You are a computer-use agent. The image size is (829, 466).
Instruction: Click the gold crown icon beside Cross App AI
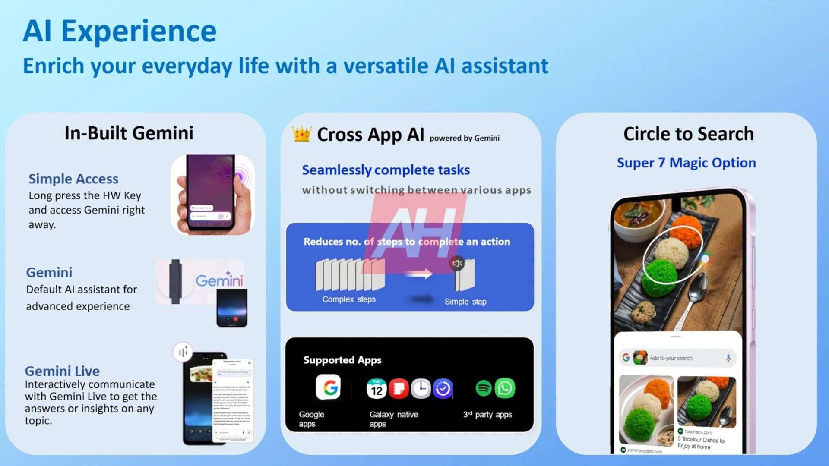(x=301, y=134)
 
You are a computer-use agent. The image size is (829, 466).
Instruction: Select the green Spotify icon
(x=483, y=388)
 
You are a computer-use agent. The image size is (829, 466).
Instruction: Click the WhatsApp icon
(x=505, y=388)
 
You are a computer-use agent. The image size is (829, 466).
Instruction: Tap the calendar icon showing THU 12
(x=377, y=388)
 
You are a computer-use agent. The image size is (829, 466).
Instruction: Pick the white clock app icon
(x=421, y=388)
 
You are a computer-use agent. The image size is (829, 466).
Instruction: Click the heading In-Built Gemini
(x=129, y=133)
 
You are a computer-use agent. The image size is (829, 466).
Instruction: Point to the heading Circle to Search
(x=688, y=134)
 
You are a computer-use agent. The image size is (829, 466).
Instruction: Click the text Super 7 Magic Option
(x=686, y=163)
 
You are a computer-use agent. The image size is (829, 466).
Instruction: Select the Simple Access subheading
(x=73, y=179)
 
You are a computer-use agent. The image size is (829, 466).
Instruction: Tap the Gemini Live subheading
(x=62, y=371)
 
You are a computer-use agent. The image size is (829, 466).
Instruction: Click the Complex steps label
(x=349, y=299)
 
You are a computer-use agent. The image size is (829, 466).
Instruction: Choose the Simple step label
(x=465, y=302)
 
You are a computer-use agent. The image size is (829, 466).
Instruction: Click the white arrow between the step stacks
(x=418, y=274)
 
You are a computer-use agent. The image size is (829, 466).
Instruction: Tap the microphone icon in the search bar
(x=728, y=358)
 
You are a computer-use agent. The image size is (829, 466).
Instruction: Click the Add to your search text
(x=671, y=358)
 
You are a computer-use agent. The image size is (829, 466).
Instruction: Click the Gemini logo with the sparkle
(x=219, y=280)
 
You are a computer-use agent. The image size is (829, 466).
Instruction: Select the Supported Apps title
(x=342, y=360)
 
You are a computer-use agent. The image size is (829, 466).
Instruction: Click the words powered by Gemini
(x=464, y=139)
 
